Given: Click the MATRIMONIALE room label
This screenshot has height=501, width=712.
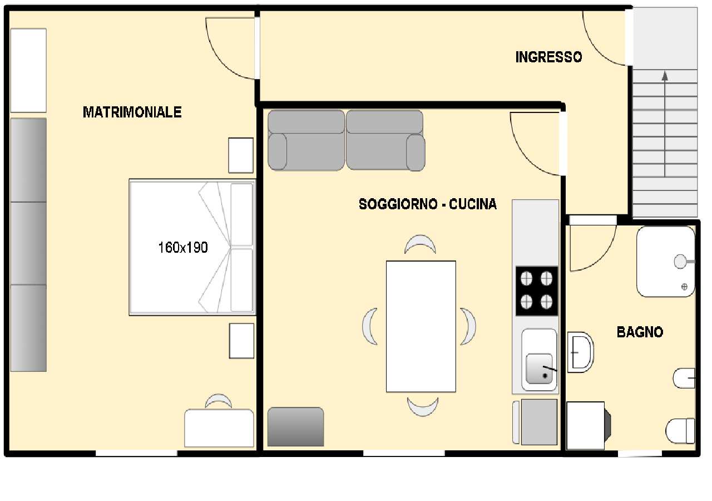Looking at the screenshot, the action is [132, 112].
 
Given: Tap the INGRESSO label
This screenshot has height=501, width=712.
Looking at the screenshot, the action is [548, 57].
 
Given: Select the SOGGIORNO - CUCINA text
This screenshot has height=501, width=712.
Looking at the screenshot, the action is [428, 204].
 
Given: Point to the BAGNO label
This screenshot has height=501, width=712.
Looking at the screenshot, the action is [640, 332].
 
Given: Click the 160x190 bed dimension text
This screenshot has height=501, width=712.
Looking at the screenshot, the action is [183, 248].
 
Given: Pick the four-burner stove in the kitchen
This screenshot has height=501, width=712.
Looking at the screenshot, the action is [537, 291].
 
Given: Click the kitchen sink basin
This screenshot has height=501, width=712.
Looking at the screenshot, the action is [539, 369].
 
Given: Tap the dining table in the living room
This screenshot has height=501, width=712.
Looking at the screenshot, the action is [421, 326].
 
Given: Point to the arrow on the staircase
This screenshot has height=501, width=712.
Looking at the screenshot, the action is [665, 124].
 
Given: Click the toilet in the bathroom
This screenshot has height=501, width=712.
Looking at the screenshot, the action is [680, 431].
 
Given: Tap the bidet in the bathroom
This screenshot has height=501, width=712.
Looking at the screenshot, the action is [684, 378].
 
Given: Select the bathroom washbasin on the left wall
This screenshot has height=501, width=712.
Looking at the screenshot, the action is [580, 352].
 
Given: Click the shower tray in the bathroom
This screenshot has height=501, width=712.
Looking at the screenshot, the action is [666, 262].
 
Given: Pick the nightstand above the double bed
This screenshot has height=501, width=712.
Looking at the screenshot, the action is [241, 155].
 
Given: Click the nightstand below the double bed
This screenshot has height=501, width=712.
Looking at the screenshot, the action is [241, 341].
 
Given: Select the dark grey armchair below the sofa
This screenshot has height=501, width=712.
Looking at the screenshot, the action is [295, 426].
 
